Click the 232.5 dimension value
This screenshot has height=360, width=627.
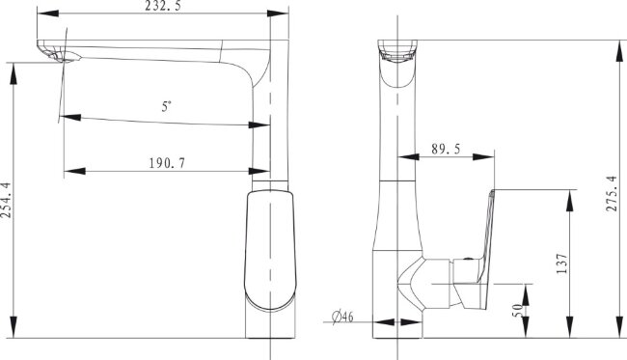[x=162, y=6]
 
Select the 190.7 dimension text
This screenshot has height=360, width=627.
[x=167, y=163]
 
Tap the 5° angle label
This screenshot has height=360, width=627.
[x=166, y=106]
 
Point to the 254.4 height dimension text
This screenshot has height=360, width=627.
[x=6, y=200]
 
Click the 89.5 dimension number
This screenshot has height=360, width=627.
[x=446, y=150]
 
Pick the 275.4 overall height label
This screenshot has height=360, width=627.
[x=612, y=194]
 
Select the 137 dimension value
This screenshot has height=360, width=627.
[x=561, y=263]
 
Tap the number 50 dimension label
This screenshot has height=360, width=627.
[x=517, y=310]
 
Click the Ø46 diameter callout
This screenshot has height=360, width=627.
[x=342, y=317]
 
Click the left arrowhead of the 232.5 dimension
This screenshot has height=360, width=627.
[x=47, y=14]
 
